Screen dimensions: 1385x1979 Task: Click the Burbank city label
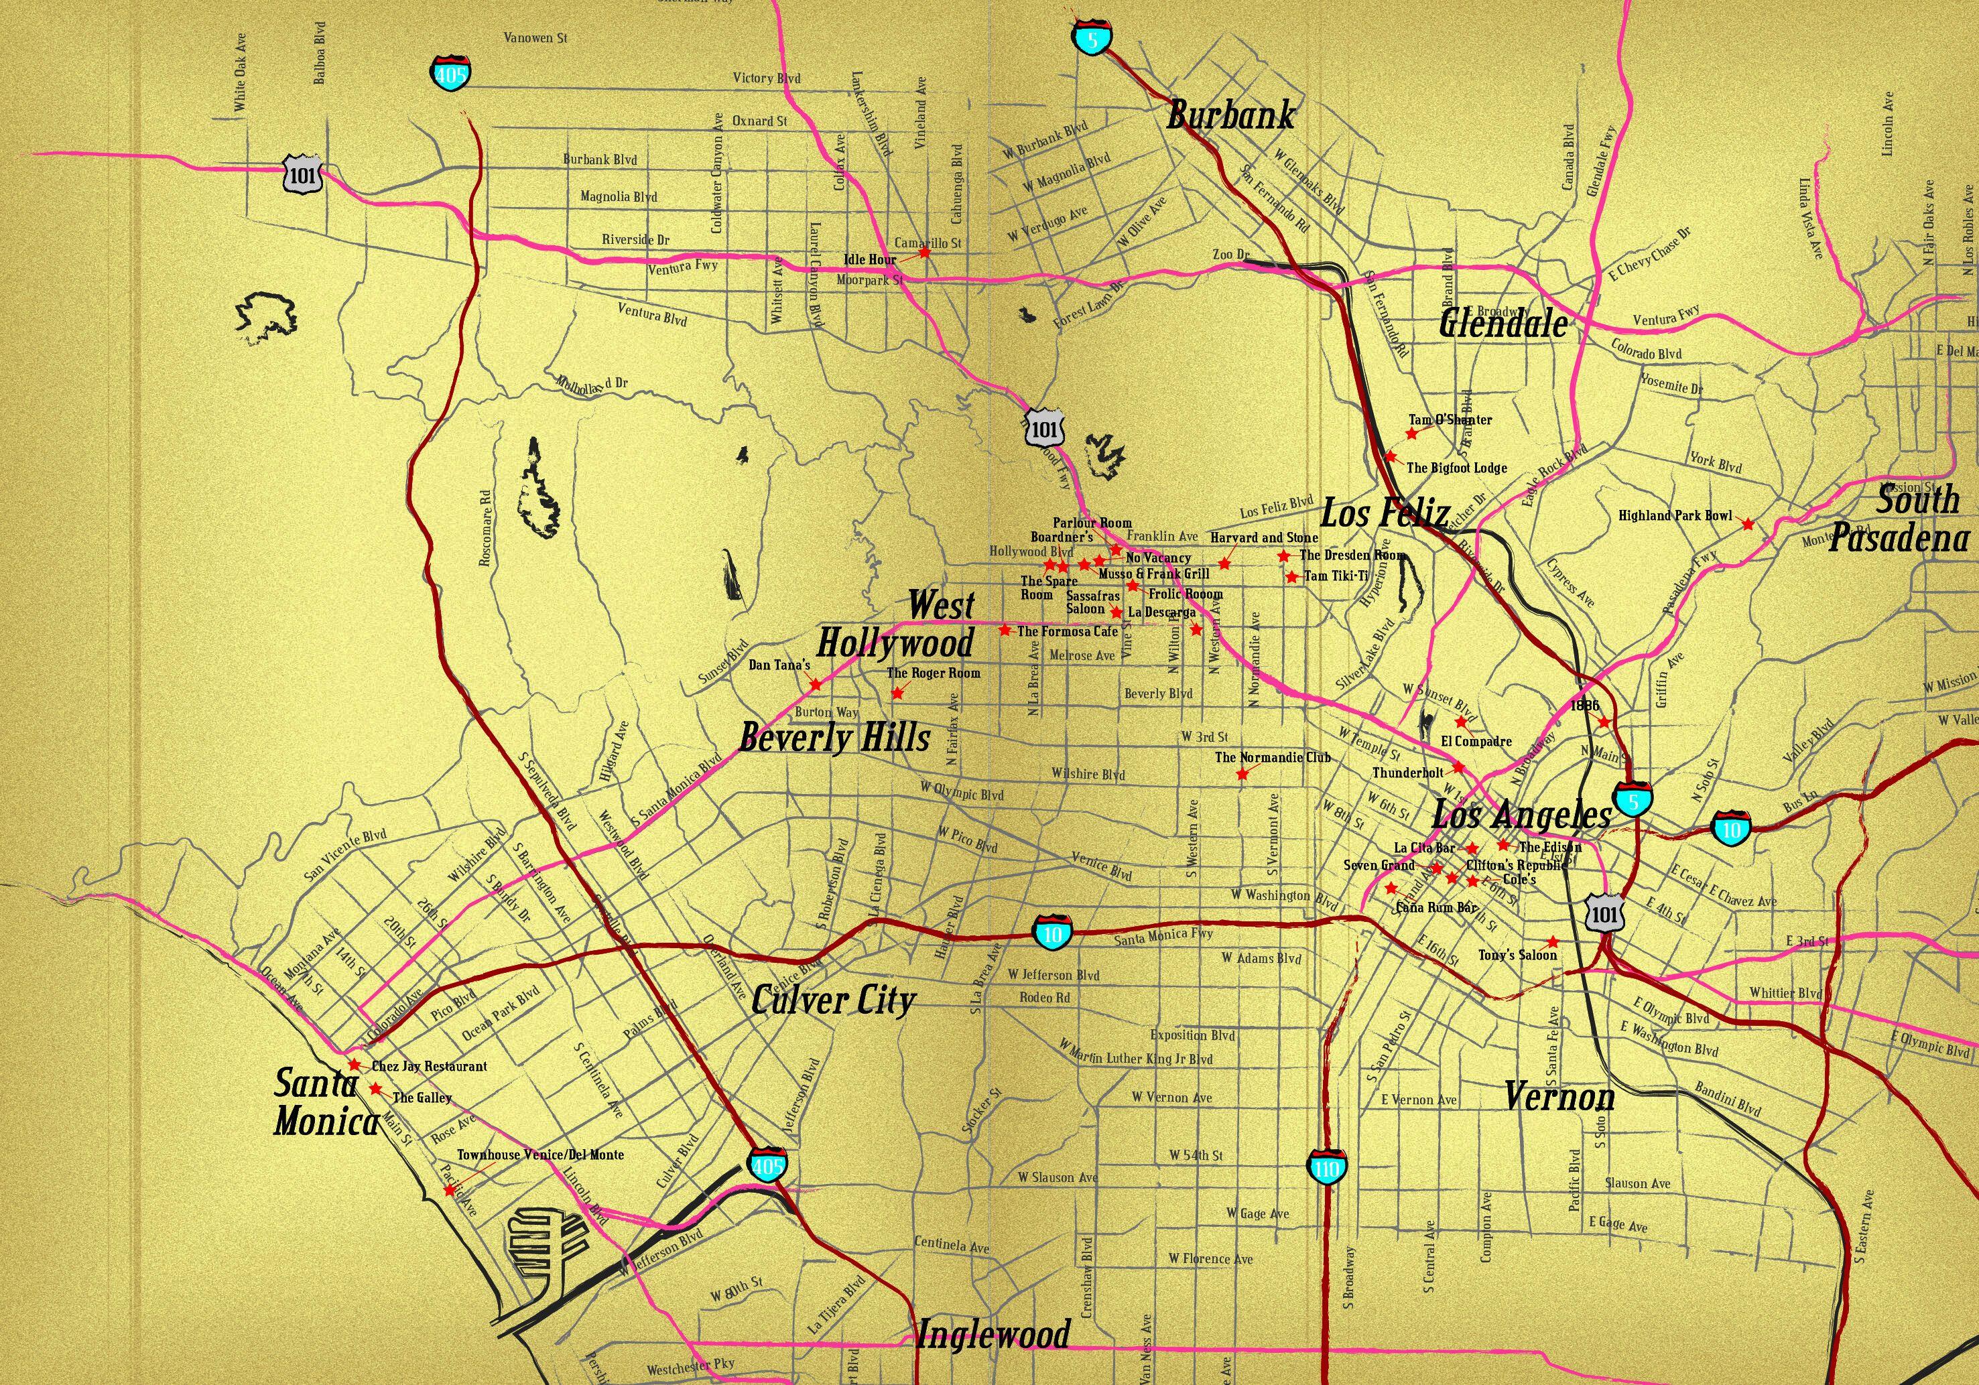coord(1230,115)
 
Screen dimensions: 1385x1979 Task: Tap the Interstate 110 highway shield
coord(1326,1168)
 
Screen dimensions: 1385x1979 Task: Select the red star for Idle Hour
coord(925,253)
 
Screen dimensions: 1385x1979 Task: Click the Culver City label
coord(832,1000)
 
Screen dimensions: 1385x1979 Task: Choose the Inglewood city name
coord(993,1335)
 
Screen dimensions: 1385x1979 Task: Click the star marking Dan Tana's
coord(814,684)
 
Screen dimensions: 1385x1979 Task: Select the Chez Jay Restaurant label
coord(428,1066)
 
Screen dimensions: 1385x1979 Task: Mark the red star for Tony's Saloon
coord(1552,941)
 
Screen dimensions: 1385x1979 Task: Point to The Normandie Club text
coord(1272,758)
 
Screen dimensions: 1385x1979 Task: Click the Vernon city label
coord(1559,1097)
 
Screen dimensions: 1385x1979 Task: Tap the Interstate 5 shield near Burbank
coord(1093,38)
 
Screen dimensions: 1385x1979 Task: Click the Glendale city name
coord(1503,324)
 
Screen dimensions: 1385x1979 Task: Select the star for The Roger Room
coord(897,693)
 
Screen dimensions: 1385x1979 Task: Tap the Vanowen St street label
coord(535,38)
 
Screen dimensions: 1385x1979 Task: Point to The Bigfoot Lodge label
coord(1457,468)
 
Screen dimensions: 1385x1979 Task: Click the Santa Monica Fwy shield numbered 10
coord(1054,933)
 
